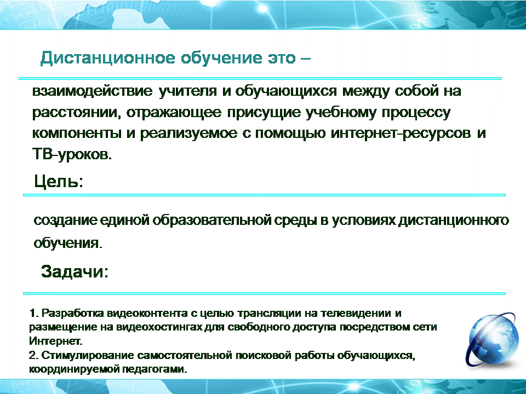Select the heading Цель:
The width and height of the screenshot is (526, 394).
click(59, 181)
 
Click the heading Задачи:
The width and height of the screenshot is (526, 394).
click(75, 271)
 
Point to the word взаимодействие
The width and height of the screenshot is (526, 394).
click(92, 91)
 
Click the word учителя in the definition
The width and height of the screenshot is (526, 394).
click(187, 91)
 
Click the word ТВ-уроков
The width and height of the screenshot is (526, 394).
click(72, 154)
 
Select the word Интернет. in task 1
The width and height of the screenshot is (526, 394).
click(55, 341)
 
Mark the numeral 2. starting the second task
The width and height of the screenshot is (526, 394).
click(33, 355)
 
